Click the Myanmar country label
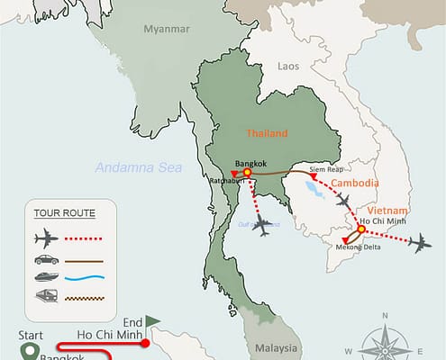[x=167, y=29]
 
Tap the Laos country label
[x=288, y=66]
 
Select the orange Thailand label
[x=267, y=133]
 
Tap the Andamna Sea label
[x=139, y=166]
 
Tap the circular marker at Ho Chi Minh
[x=361, y=229]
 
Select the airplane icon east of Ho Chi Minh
[x=418, y=242]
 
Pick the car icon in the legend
[x=45, y=260]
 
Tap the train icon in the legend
[x=45, y=297]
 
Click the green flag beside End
[x=152, y=319]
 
